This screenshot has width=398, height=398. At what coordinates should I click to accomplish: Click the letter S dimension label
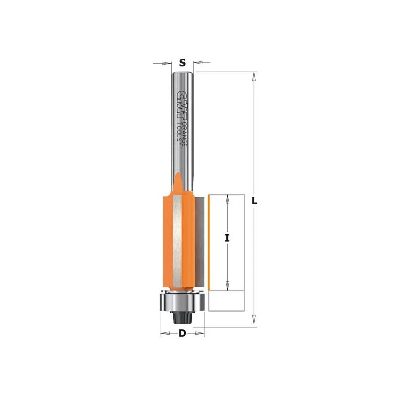tap(182, 62)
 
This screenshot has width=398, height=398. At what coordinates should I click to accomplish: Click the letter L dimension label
tap(254, 201)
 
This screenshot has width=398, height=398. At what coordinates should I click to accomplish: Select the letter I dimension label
tap(227, 238)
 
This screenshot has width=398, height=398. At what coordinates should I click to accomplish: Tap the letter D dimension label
tap(182, 333)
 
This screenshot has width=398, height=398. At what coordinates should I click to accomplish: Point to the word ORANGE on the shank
tap(185, 133)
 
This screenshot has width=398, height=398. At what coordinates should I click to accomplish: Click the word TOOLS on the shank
tap(179, 132)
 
